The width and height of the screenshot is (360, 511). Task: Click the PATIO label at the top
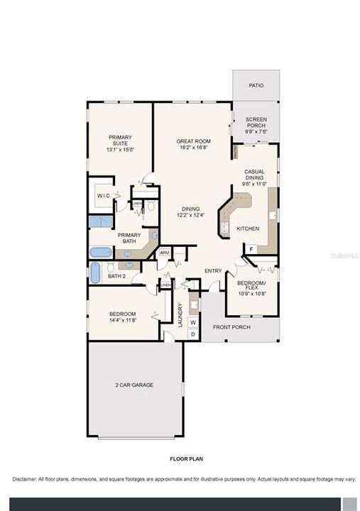(256, 85)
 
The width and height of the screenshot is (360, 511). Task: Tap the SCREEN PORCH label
(256, 122)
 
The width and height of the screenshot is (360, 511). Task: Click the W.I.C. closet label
(102, 196)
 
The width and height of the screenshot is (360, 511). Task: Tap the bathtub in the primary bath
(102, 252)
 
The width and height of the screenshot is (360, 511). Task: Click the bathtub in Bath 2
(95, 273)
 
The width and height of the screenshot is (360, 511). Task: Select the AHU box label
(164, 253)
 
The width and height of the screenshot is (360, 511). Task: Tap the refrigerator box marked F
(251, 249)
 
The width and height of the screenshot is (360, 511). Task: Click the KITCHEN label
(247, 229)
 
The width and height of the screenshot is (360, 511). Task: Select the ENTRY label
(213, 270)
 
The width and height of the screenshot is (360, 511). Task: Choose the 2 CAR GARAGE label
(134, 385)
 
